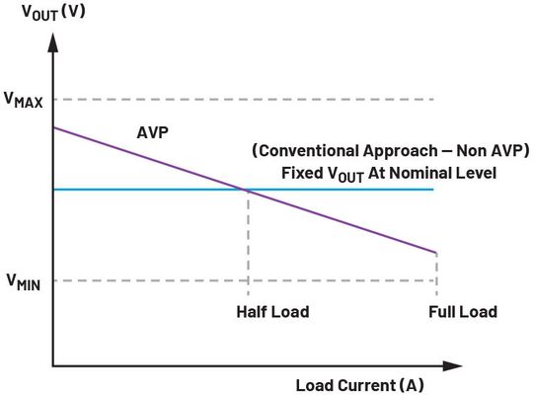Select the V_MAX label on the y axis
(24, 100)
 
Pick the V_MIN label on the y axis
(24, 281)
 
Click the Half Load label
(272, 312)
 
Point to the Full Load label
(463, 312)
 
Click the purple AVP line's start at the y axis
(53, 127)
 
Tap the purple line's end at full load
(435, 253)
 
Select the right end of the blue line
(434, 189)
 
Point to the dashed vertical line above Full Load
(435, 272)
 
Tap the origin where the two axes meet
(52, 366)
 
